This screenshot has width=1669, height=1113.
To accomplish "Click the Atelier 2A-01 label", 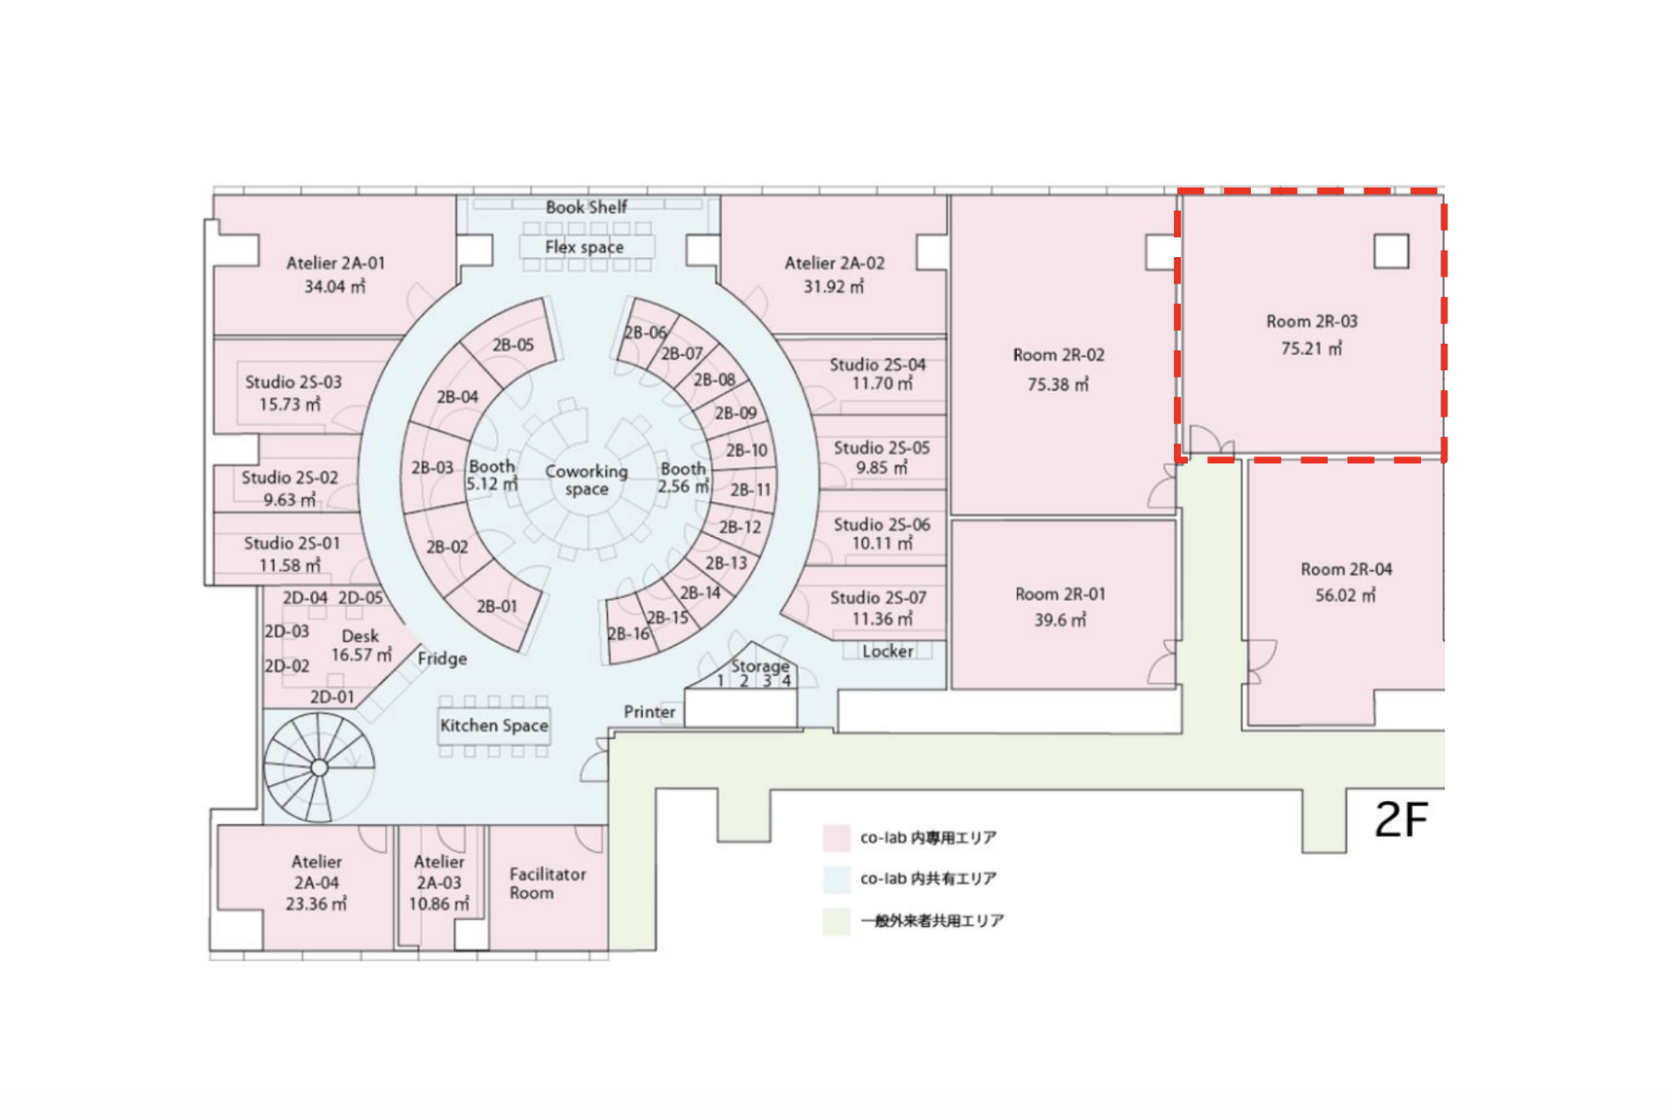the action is (336, 263).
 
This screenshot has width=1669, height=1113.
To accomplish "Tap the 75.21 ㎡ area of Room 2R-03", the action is (1311, 348).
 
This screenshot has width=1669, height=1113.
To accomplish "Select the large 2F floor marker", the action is (1401, 820).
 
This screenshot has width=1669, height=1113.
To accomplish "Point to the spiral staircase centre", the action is (319, 767).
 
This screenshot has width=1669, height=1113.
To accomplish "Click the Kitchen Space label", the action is (494, 726).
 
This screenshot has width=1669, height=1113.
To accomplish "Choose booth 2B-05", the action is (513, 345).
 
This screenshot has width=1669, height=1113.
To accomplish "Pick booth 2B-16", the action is (628, 634).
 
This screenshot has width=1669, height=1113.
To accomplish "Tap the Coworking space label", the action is (586, 480).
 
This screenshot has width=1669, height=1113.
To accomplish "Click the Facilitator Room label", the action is (547, 883).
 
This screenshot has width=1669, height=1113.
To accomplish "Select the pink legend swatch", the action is (836, 837).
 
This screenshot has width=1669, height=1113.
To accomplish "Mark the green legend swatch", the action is (836, 921).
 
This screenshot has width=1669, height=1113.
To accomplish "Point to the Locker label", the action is (888, 651).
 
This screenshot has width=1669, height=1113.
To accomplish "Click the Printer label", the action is (649, 712).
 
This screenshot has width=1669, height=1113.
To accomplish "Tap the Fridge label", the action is (442, 658).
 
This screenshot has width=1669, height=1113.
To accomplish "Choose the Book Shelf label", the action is (586, 207).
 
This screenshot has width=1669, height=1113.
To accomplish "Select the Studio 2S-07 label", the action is (878, 598).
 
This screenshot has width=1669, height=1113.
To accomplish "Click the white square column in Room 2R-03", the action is (1391, 252).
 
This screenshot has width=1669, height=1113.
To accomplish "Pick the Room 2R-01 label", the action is (1060, 594).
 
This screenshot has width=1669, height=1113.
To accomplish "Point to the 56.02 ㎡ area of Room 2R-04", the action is (1346, 595).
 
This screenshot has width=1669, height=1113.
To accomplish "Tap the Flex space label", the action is (585, 247).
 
